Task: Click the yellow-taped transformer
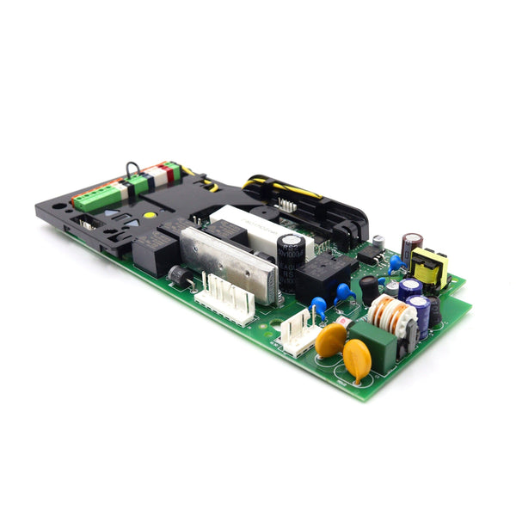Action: pos(429,267)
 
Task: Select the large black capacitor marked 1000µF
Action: pos(291,263)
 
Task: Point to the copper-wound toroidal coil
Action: pos(391,315)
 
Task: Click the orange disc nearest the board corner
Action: pos(357,360)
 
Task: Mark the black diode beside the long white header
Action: pos(180,276)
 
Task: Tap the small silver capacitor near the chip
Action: pos(378,242)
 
